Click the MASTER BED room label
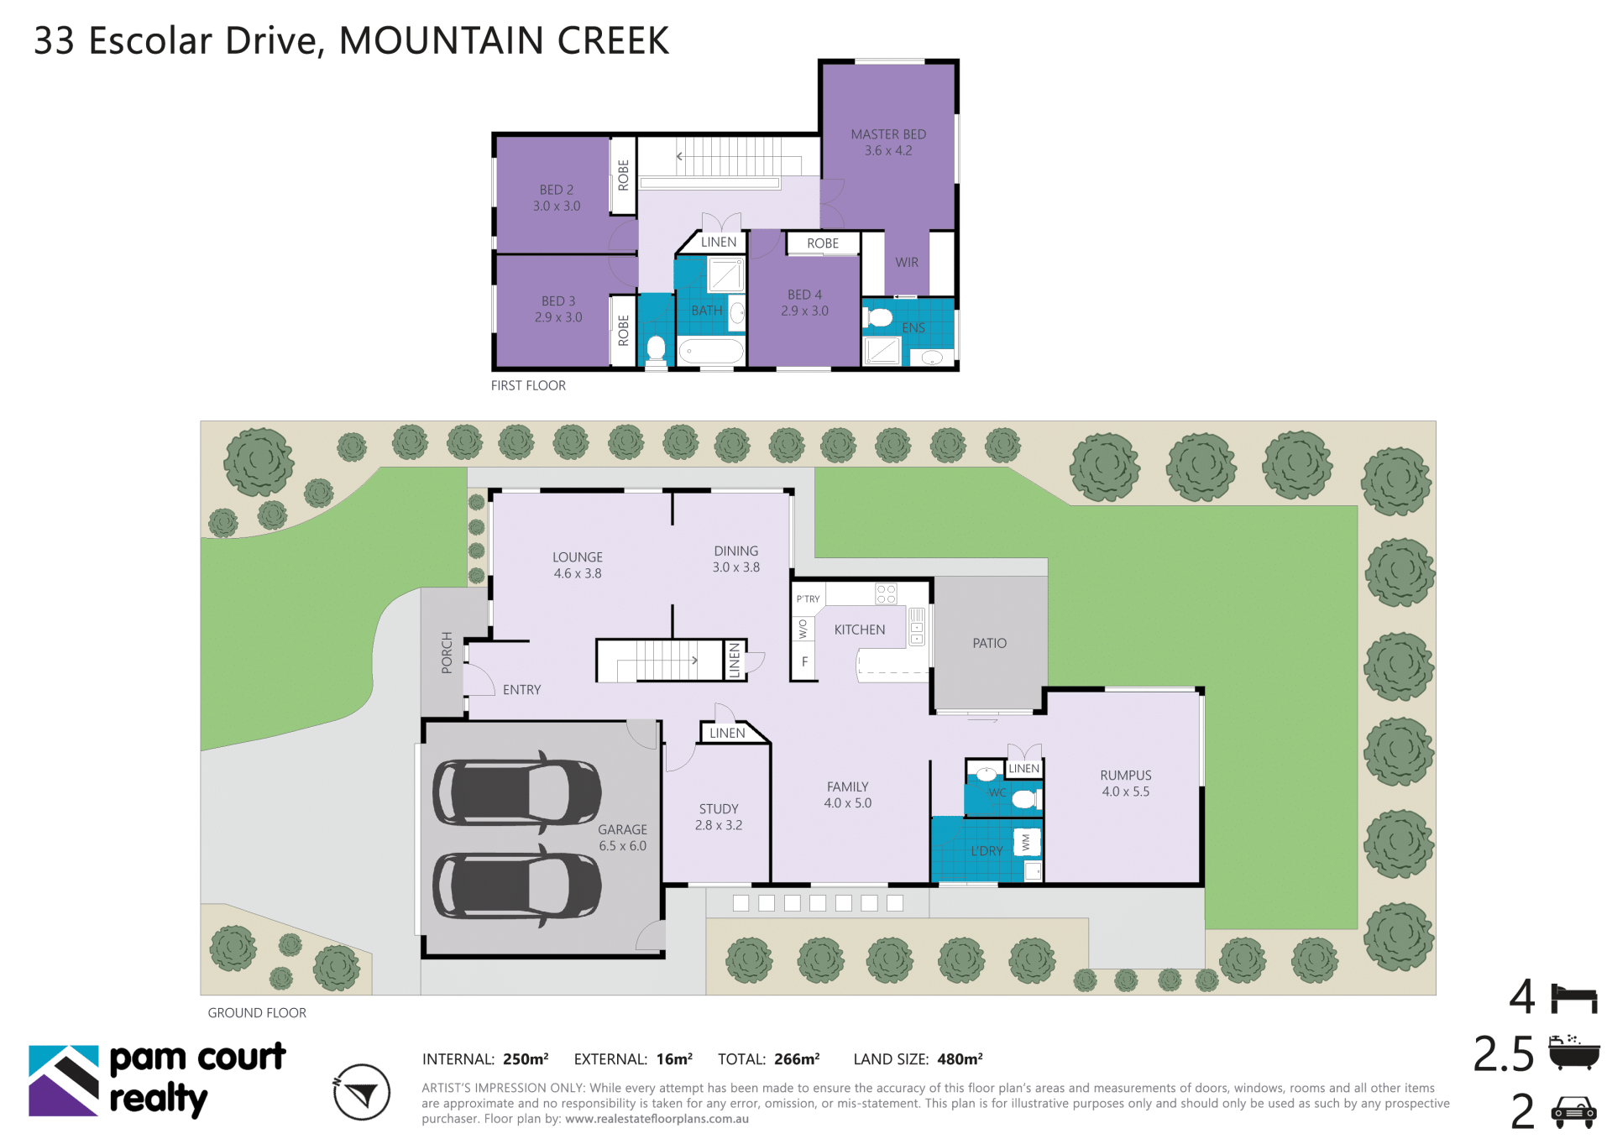888,134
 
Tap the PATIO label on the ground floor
989,643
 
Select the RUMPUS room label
1126,776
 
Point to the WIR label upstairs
907,263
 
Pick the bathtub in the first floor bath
711,352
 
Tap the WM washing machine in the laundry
1027,842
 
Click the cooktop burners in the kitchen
886,594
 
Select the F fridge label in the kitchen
804,662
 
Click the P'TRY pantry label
808,599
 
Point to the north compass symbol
362,1092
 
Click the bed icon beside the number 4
1574,999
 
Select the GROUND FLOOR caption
257,1013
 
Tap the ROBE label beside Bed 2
623,175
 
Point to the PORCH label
447,652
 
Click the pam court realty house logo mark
64,1081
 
